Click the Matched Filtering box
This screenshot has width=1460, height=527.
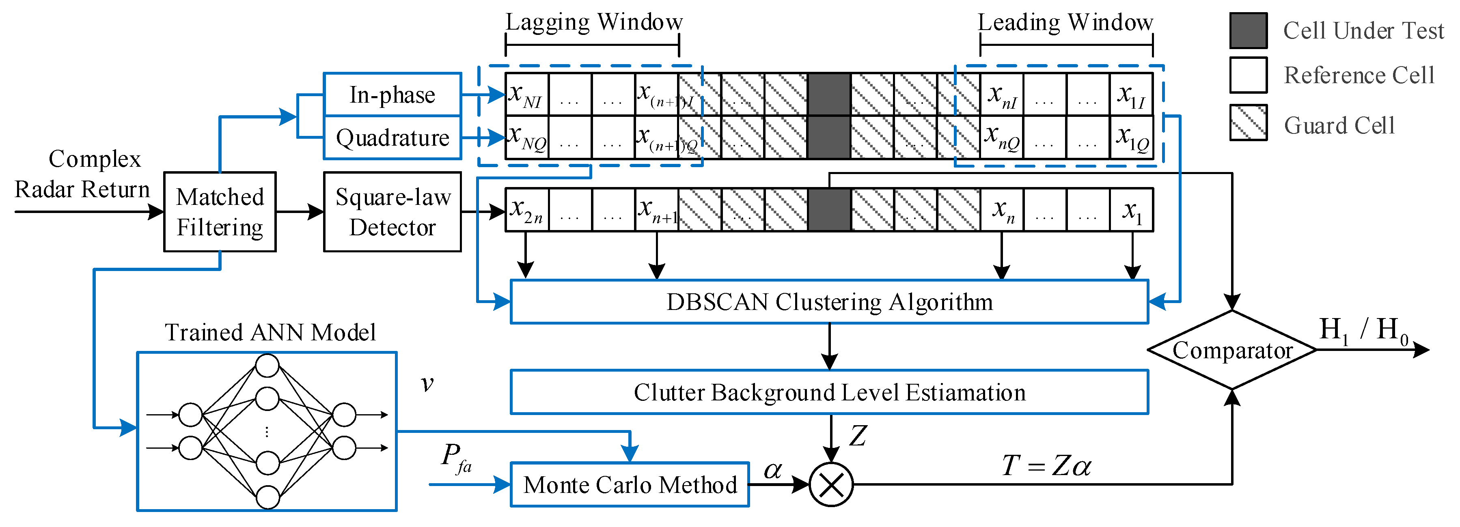pyautogui.click(x=220, y=212)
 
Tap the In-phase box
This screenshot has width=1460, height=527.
pyautogui.click(x=392, y=95)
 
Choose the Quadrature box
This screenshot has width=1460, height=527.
pyautogui.click(x=392, y=138)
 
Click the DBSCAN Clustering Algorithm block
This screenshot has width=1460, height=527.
pyautogui.click(x=829, y=301)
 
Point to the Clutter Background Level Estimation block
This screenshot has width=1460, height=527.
pyautogui.click(x=829, y=392)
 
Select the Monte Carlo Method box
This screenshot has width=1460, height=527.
pyautogui.click(x=630, y=484)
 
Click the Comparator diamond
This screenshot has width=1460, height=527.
pyautogui.click(x=1232, y=350)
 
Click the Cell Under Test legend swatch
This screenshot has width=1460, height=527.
pyautogui.click(x=1248, y=30)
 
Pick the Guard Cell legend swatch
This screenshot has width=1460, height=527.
pyautogui.click(x=1248, y=123)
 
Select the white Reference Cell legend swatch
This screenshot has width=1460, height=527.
pyautogui.click(x=1248, y=75)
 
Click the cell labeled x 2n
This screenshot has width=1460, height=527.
pyautogui.click(x=526, y=210)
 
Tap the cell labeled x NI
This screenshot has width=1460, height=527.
pyautogui.click(x=526, y=95)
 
